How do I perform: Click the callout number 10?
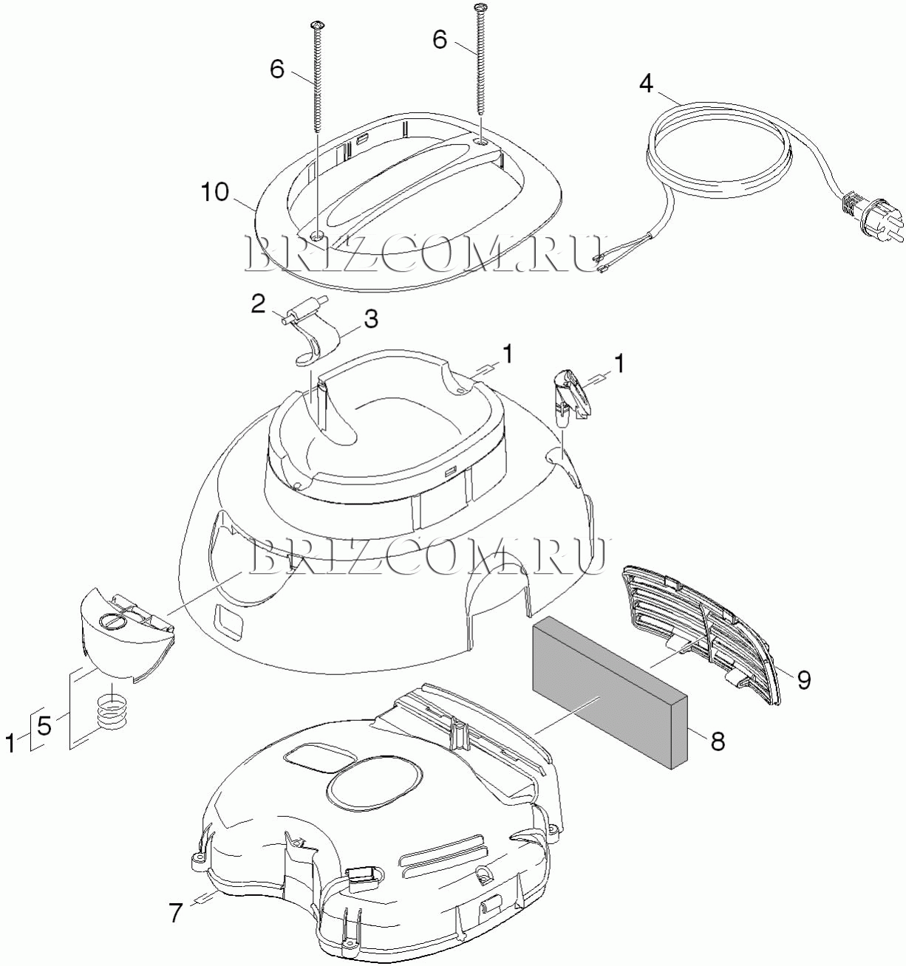(215, 193)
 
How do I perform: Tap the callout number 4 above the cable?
(646, 84)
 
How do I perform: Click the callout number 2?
(258, 304)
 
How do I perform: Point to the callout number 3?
(371, 319)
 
